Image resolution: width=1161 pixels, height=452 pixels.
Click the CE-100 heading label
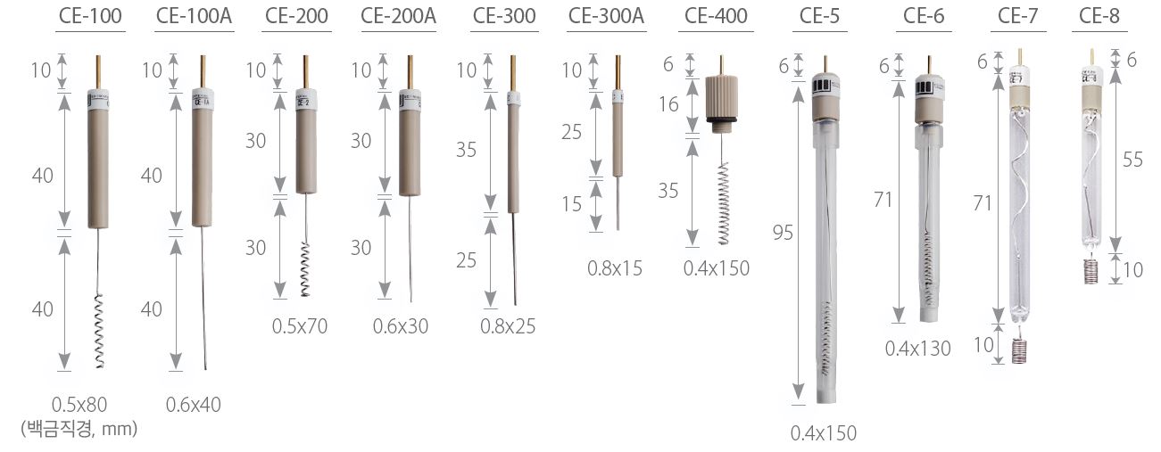90,16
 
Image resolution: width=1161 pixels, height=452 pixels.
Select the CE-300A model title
606,16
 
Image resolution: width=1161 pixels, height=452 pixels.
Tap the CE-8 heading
1099,16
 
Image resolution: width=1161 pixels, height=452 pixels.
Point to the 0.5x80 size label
79,405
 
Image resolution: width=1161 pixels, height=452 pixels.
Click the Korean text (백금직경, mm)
79,429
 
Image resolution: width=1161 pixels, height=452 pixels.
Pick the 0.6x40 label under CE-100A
194,405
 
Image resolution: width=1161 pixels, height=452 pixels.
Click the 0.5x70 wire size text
300,326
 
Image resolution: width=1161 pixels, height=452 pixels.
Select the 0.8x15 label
615,268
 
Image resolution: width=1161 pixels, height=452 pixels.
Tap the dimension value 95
783,233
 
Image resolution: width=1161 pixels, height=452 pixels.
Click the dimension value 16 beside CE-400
668,104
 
